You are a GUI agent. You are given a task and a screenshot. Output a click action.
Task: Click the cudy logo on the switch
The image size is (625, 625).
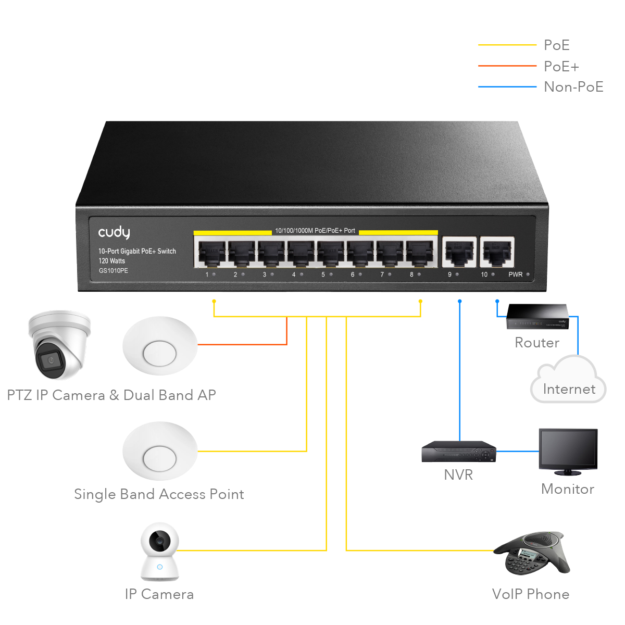[114, 232]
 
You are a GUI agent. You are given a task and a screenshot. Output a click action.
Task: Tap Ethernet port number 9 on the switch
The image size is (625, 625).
[459, 252]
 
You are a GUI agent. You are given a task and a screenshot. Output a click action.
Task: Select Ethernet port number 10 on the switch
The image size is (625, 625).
[496, 252]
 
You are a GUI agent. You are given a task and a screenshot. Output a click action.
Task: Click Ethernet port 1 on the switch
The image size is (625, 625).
[211, 254]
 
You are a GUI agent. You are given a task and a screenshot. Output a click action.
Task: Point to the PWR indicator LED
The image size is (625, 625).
[528, 274]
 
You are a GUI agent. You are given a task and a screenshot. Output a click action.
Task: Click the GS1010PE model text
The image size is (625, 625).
[113, 270]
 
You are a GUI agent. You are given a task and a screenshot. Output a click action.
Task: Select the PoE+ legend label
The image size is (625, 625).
[561, 67]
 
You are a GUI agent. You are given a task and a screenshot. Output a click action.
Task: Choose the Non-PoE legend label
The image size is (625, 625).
[573, 87]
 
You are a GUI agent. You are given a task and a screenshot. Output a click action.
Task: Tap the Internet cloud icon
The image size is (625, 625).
[568, 379]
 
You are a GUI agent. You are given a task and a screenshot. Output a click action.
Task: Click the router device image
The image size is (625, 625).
[537, 317]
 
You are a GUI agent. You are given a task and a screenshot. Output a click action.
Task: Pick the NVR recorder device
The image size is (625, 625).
[459, 451]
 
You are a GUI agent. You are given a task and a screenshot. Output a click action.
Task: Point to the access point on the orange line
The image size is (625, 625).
[160, 346]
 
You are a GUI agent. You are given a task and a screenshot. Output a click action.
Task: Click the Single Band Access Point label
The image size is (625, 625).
[159, 495]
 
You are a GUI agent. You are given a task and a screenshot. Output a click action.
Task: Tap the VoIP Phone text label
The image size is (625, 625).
[531, 594]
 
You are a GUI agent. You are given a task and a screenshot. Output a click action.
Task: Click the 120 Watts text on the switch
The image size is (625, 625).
[111, 261]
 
